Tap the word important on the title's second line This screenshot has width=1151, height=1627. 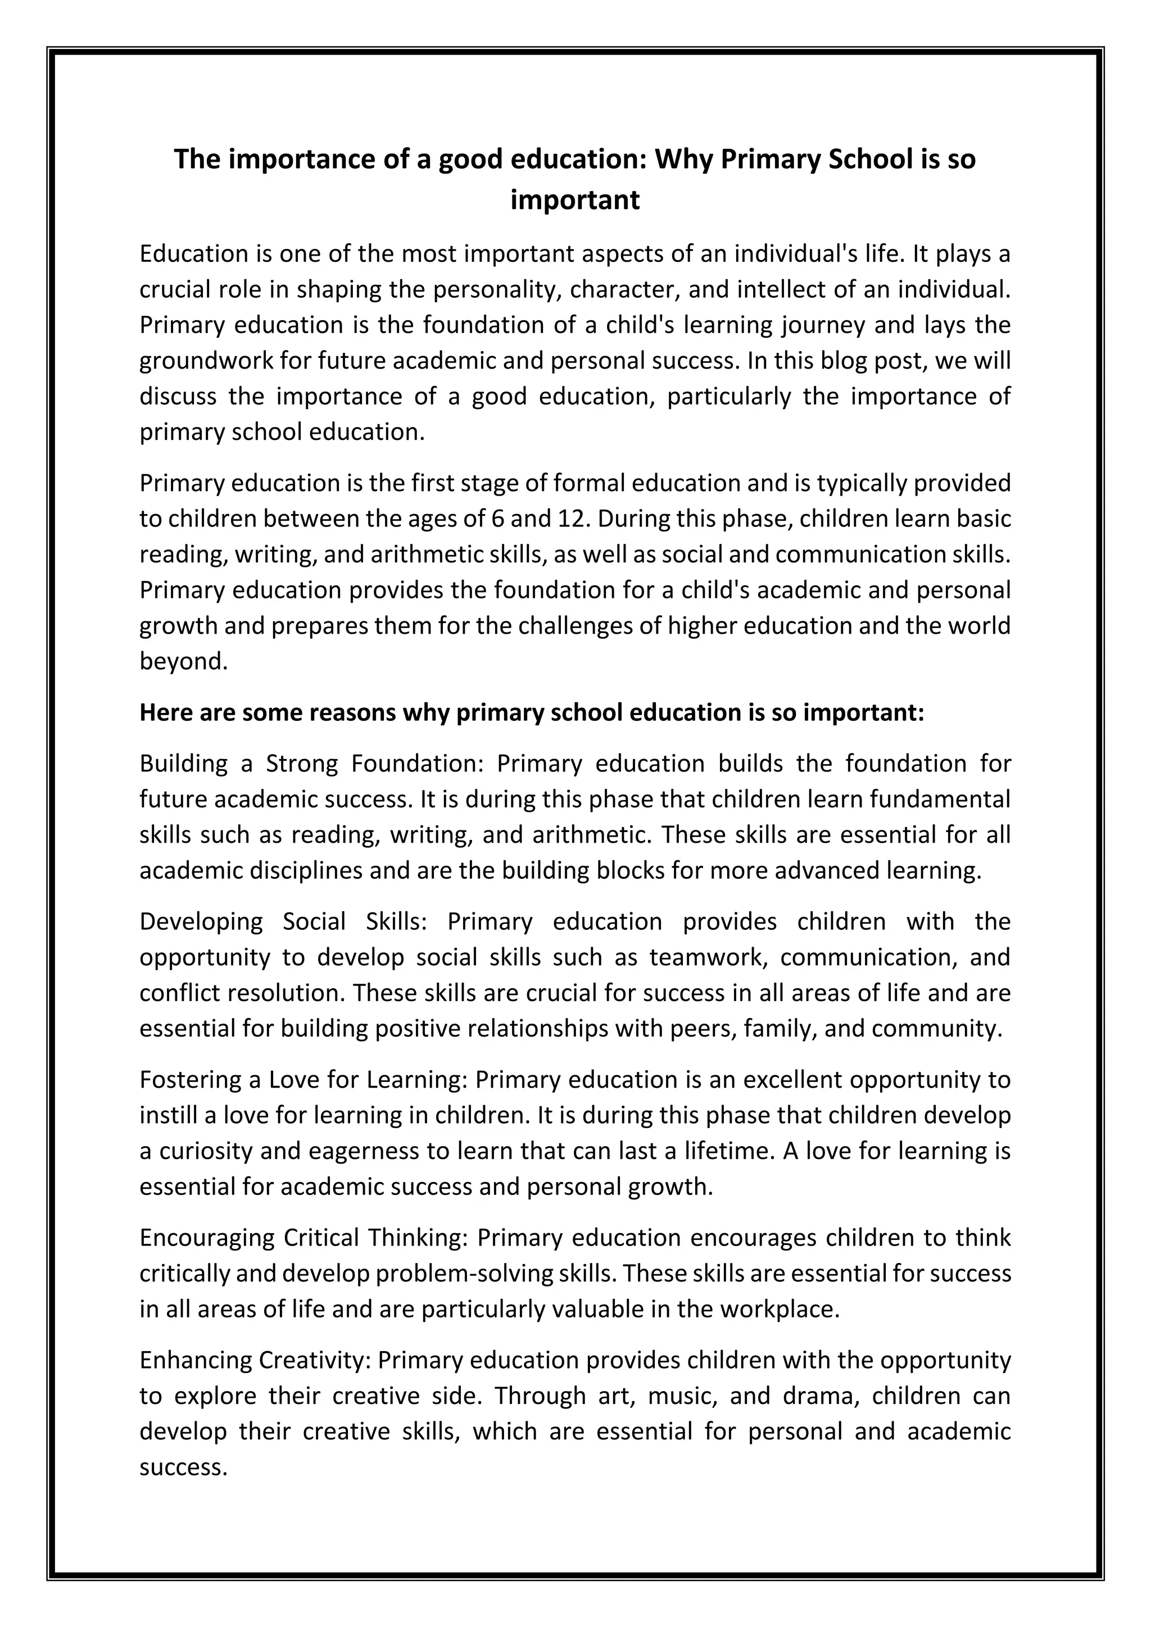pyautogui.click(x=575, y=201)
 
